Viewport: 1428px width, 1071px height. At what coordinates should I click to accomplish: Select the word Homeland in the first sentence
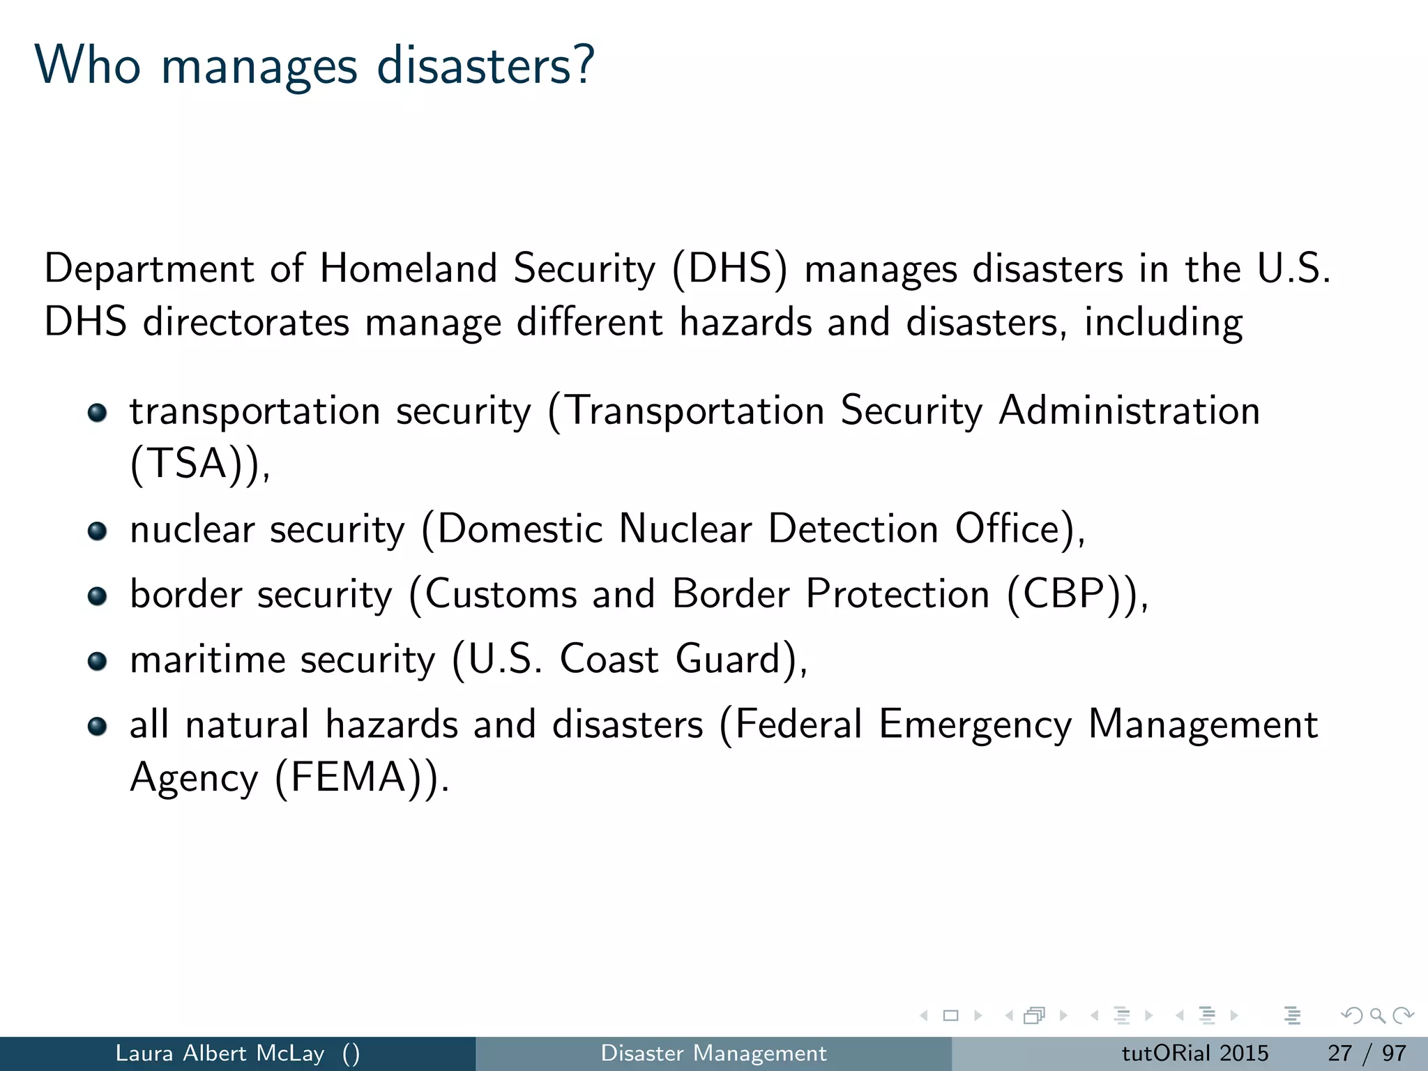click(x=408, y=268)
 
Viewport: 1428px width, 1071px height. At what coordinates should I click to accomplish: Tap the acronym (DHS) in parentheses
click(x=729, y=269)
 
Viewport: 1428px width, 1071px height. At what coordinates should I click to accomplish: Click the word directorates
click(x=245, y=322)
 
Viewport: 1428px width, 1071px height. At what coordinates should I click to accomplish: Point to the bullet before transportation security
click(x=98, y=413)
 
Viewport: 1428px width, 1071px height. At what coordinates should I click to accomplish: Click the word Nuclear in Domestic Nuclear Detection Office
click(x=685, y=529)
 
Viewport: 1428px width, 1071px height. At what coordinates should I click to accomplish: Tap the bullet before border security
click(x=98, y=596)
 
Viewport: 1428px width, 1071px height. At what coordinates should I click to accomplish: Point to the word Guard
click(x=727, y=660)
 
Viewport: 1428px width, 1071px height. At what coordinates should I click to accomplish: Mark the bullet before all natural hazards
click(x=98, y=727)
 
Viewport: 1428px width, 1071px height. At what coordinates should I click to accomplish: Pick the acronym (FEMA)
click(x=353, y=777)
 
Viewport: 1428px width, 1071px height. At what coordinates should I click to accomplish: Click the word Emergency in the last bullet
click(x=975, y=725)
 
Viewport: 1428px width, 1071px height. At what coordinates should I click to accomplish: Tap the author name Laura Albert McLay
click(x=220, y=1053)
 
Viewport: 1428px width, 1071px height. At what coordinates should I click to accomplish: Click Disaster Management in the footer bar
click(x=713, y=1053)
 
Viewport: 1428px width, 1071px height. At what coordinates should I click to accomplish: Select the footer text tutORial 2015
click(x=1194, y=1053)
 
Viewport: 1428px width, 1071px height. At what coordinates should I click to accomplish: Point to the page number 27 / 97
click(x=1367, y=1053)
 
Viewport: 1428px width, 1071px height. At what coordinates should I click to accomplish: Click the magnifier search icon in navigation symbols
click(x=1377, y=1015)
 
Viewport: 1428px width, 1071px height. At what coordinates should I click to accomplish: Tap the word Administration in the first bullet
click(x=1129, y=410)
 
